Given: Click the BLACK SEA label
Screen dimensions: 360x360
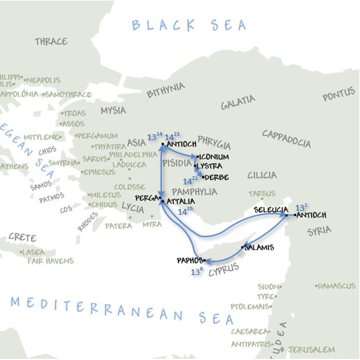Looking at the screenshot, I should [189, 25].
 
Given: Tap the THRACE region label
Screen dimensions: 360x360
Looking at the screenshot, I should [51, 41].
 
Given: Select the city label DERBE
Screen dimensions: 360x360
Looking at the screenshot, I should [216, 177].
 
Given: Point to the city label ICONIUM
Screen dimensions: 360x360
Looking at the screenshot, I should [214, 157].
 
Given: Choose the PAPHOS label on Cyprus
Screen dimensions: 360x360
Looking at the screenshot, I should [190, 260].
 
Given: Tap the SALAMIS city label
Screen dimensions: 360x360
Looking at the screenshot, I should [259, 248].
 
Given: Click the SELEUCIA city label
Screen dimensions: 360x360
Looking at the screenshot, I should [269, 210].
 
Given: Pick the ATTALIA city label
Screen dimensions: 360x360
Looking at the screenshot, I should [180, 202].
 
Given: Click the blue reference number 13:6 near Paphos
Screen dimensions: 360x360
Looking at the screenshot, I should [197, 272].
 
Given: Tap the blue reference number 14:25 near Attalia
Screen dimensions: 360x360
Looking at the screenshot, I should [185, 211].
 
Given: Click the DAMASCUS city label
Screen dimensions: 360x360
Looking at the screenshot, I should [338, 285].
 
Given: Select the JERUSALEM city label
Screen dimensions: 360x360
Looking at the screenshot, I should [319, 349].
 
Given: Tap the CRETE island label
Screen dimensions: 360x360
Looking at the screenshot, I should [22, 237].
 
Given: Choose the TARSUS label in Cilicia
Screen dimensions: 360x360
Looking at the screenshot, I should [262, 194].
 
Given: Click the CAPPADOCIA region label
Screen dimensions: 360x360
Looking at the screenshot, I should [287, 138].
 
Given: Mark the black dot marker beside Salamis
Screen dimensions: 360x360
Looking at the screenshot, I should [243, 247].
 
